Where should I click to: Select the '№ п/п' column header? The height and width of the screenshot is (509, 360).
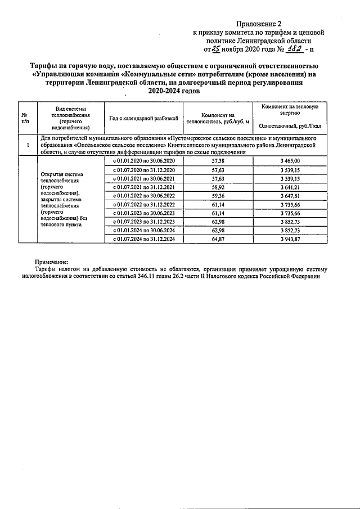click(x=25, y=117)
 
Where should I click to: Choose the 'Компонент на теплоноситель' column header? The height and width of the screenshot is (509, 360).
click(x=216, y=118)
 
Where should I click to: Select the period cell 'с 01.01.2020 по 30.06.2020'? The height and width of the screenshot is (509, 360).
click(x=144, y=161)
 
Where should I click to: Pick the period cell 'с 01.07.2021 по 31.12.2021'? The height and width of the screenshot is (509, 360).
click(x=144, y=187)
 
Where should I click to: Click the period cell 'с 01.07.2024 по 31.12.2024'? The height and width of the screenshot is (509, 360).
click(x=144, y=239)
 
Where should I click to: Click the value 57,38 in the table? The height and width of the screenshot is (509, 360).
click(x=216, y=161)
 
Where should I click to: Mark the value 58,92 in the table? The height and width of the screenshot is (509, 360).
click(x=216, y=187)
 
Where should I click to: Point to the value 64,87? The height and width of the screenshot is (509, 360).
click(x=216, y=239)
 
